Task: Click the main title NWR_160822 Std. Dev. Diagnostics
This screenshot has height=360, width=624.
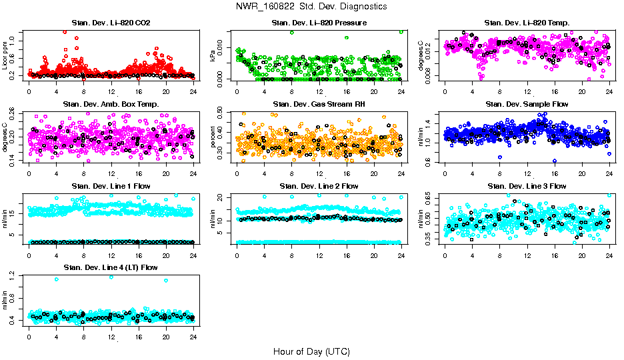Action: coord(311,7)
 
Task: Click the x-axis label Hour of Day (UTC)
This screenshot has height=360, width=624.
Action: coord(311,351)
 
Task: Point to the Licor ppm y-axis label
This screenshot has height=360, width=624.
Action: coord(6,55)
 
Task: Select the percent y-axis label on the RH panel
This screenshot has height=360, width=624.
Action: coord(214,137)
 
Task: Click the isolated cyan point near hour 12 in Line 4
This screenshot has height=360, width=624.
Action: coord(111,277)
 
